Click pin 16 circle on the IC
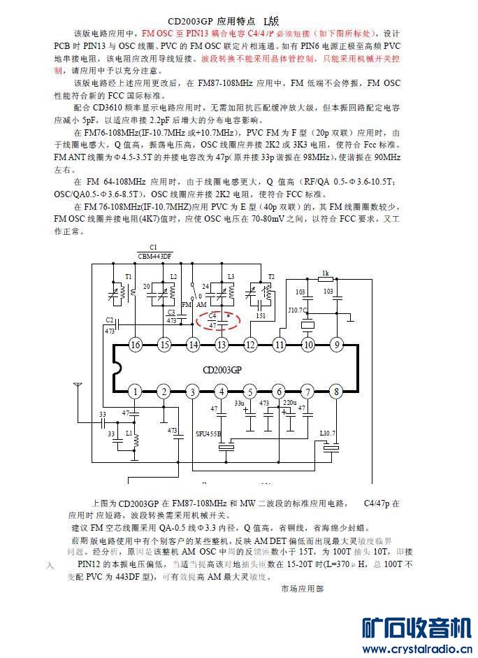(135, 344)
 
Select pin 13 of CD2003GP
(222, 344)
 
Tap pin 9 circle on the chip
(336, 344)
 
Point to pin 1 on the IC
(135, 392)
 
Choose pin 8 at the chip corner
(336, 392)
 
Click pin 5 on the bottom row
(250, 392)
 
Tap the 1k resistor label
(325, 273)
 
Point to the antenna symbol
(77, 386)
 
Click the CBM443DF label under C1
(154, 256)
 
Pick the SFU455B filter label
(208, 434)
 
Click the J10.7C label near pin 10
(298, 308)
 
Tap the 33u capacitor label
(239, 403)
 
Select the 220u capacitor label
(289, 403)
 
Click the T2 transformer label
(271, 277)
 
